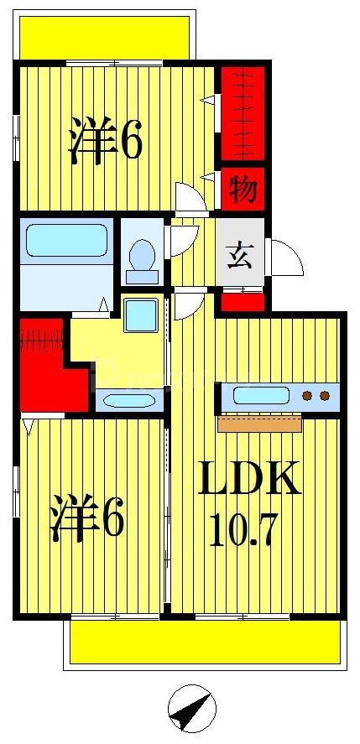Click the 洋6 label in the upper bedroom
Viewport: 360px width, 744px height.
(106, 141)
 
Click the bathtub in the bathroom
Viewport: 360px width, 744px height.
(65, 240)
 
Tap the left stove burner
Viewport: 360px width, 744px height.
(308, 395)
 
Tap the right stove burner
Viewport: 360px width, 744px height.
(324, 395)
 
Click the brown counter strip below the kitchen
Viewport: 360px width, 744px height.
(259, 424)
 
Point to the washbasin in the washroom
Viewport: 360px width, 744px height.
(127, 398)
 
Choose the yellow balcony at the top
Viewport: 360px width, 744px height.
(106, 36)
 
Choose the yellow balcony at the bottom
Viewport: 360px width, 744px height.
(205, 643)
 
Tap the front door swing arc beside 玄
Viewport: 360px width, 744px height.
(285, 256)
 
